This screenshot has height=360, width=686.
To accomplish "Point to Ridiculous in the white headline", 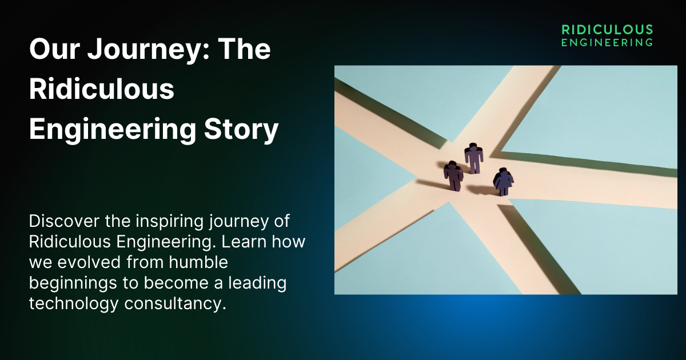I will coord(101,90).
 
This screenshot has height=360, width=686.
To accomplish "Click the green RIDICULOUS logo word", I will coord(607,29).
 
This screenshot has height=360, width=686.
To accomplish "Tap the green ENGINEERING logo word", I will coord(607,42).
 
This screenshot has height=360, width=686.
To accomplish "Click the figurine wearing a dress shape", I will coord(503,183).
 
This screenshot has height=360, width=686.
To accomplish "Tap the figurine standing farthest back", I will coord(473,158).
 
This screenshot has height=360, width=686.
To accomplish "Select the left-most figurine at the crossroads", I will coord(453,175).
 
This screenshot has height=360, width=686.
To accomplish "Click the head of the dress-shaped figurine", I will coord(503,171).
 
